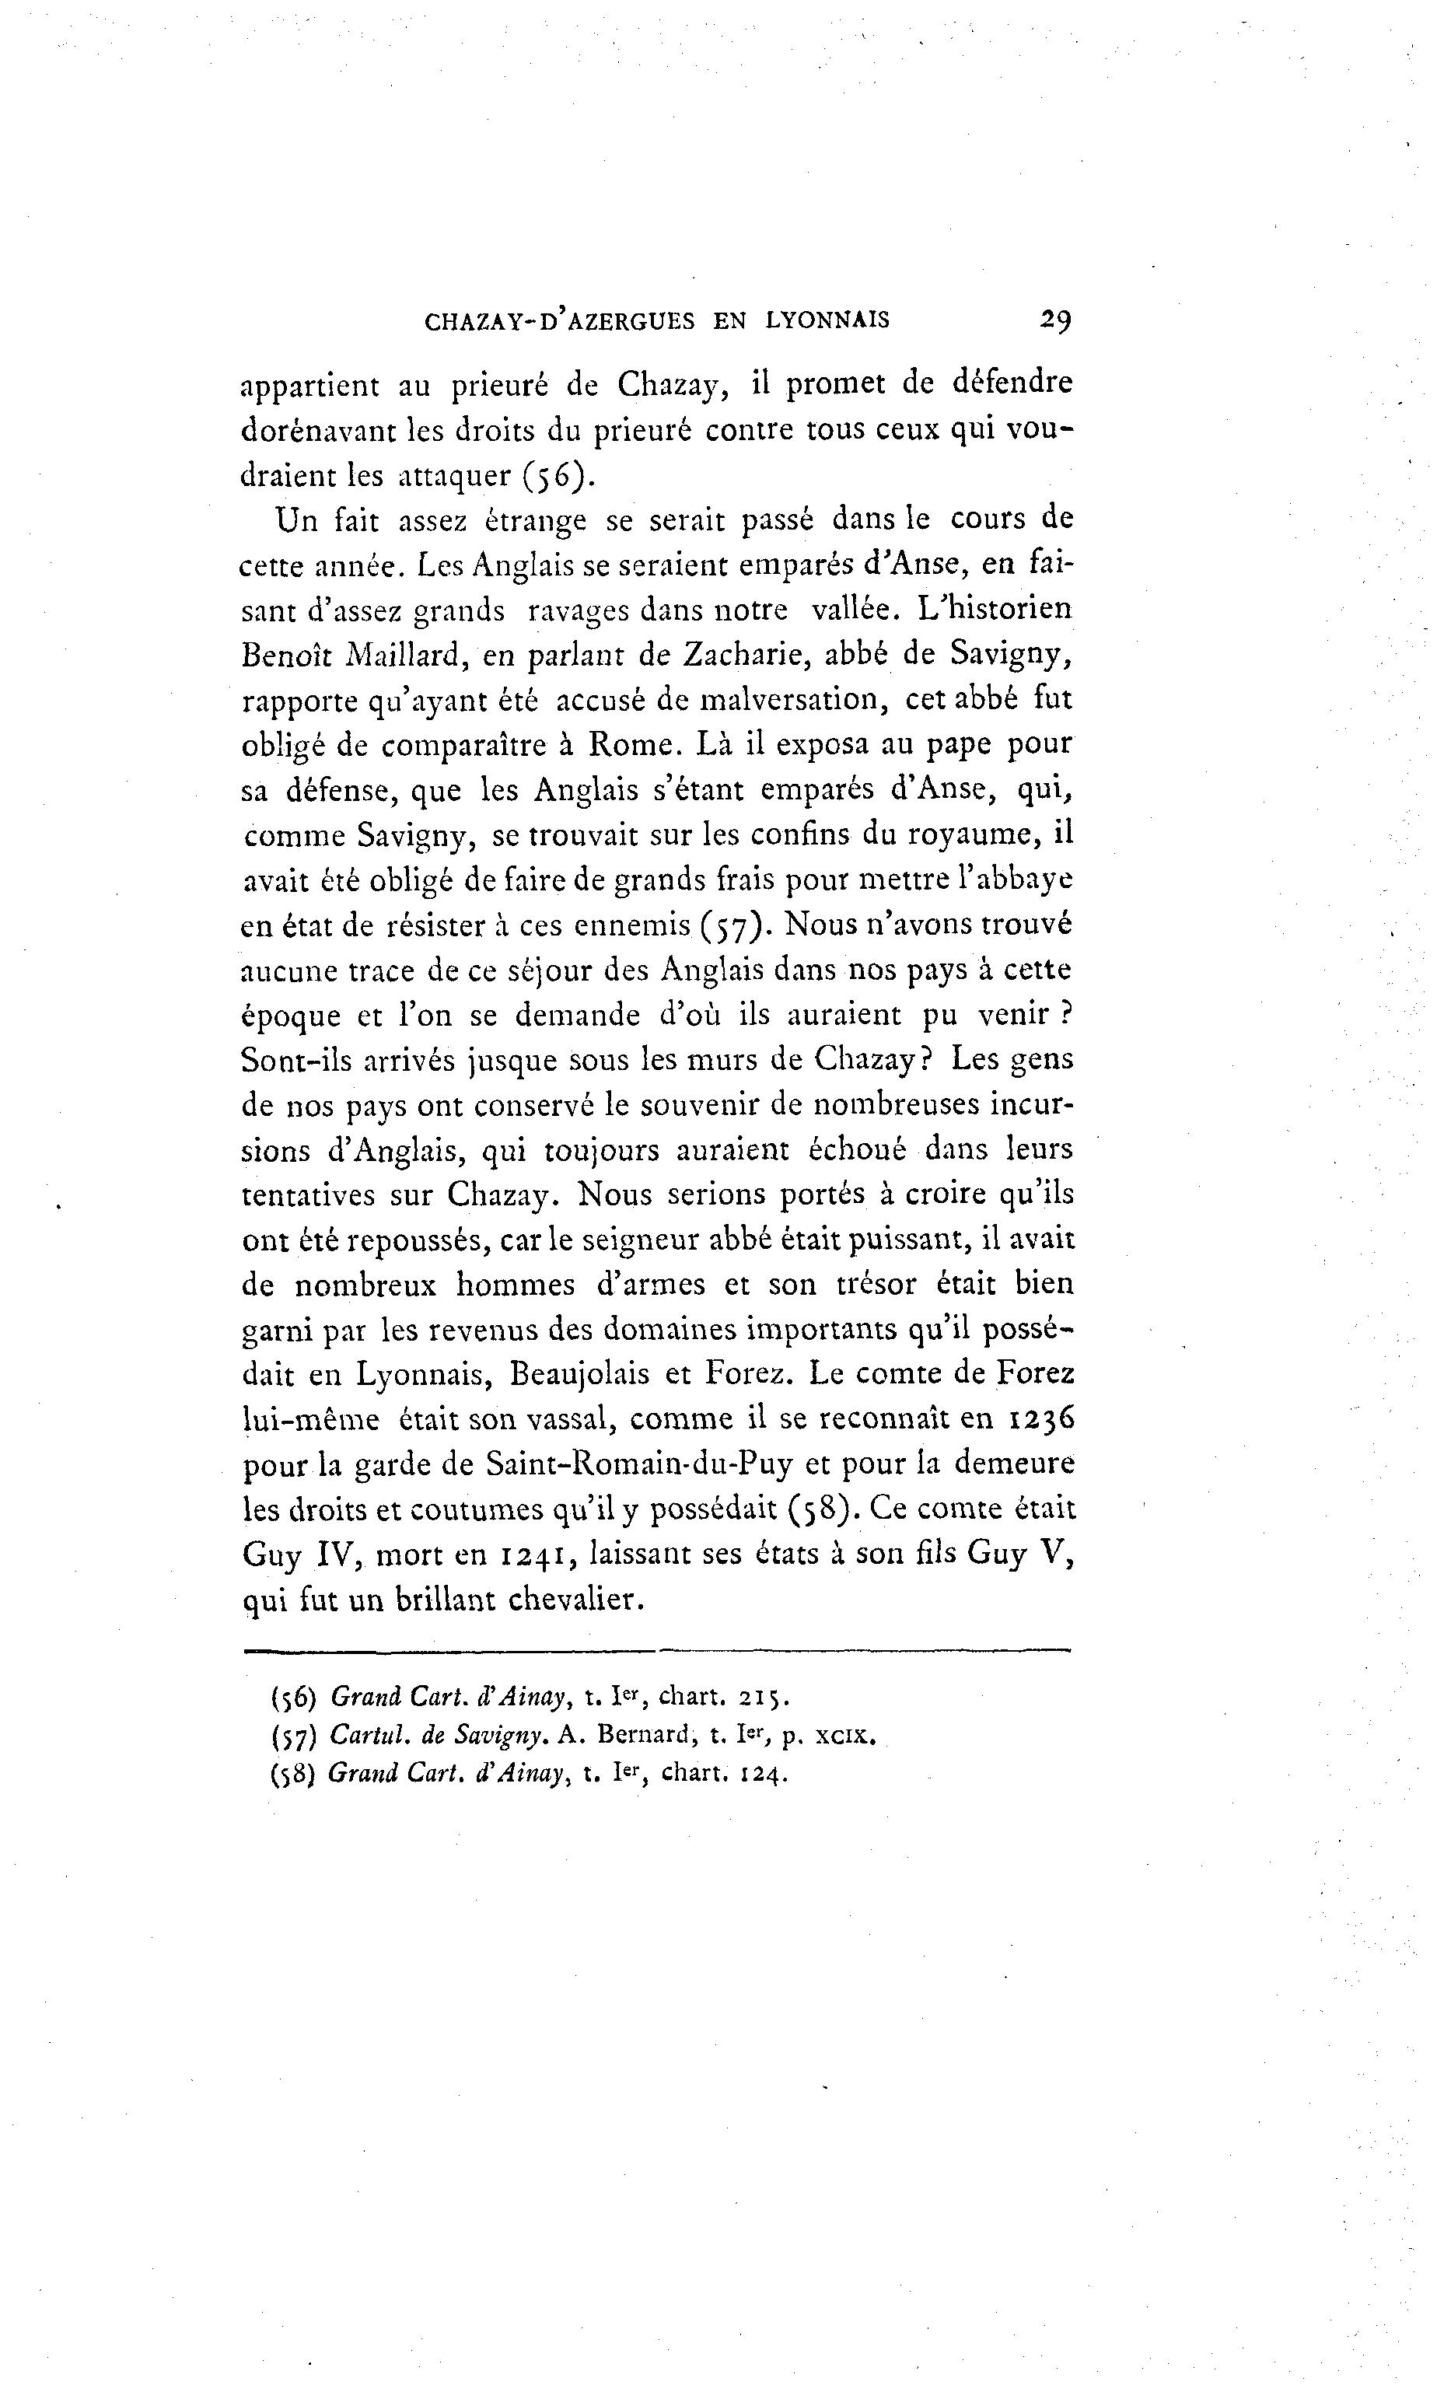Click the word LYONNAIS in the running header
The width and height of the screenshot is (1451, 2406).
click(828, 320)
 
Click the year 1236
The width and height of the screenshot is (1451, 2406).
click(1039, 1419)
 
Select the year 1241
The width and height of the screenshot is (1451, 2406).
click(532, 1554)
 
